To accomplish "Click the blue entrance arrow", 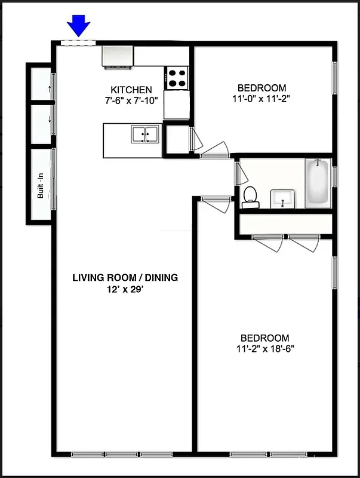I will (78, 26).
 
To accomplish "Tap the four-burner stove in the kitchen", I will (177, 76).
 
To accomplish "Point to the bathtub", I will (318, 183).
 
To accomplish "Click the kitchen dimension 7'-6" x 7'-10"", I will (130, 100).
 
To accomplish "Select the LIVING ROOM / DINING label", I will (125, 277).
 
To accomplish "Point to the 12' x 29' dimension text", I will (125, 289).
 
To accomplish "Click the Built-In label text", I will (41, 186).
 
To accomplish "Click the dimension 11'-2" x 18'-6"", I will (264, 349).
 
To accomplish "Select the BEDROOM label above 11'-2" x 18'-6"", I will (264, 338).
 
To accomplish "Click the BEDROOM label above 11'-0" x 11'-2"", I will (261, 87).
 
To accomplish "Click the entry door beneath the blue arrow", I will (78, 42).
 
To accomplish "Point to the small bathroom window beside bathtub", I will (335, 176).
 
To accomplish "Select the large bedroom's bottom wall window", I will (263, 454).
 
